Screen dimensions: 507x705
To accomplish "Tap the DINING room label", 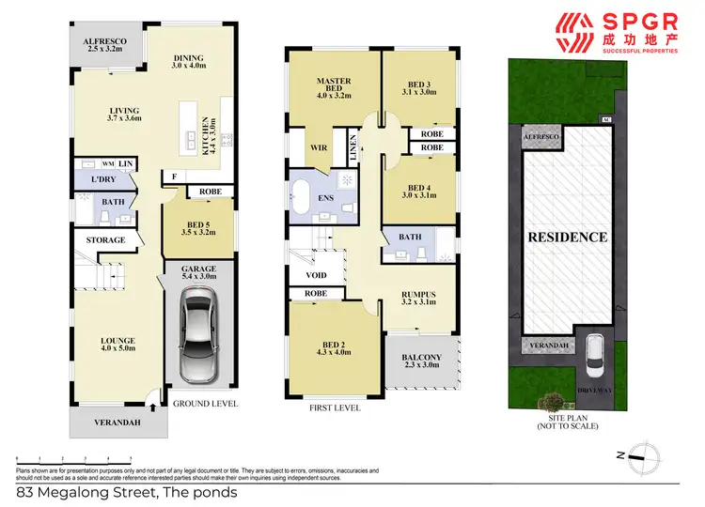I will click(187, 60).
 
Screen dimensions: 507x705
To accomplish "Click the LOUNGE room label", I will click(105, 345).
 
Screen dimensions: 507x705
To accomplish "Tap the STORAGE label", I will click(106, 240).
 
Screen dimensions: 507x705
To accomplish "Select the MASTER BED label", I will click(334, 88).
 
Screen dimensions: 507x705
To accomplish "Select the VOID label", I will click(316, 277).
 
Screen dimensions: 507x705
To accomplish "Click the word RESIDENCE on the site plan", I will click(566, 237).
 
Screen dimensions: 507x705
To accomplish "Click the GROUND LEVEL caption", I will click(206, 405).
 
